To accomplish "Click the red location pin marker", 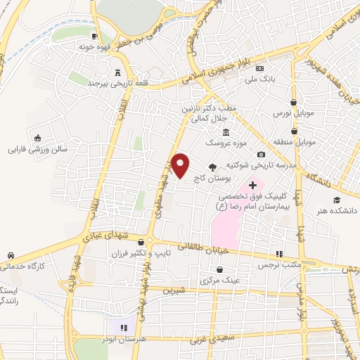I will point(181,164).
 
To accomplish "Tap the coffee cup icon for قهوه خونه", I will point(94,36).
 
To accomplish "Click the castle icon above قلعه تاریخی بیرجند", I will point(117,73).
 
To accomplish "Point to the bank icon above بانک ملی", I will point(261,69).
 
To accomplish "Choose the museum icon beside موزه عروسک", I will point(225,132).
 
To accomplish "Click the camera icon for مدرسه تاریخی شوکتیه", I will point(261,155).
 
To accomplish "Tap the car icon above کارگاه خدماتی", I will point(11,255).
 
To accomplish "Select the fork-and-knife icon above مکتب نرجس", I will point(280,254).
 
